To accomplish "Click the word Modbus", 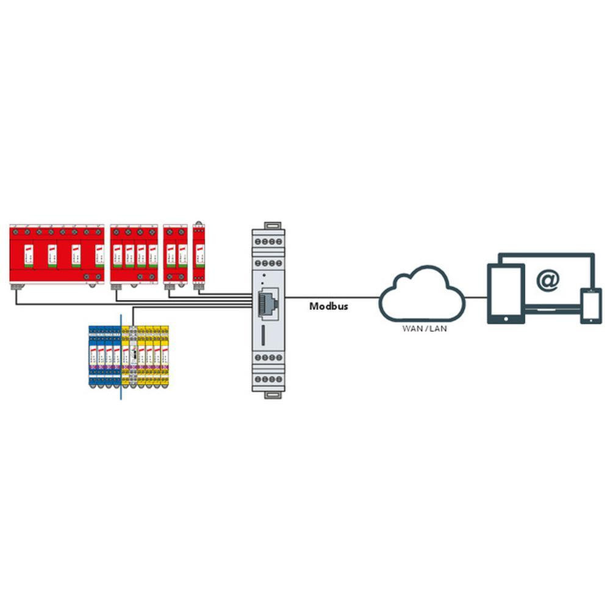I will click(x=328, y=306).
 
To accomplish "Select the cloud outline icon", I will click(x=422, y=294).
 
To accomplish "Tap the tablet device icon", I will click(x=506, y=294).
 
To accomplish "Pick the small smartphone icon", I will click(x=590, y=306).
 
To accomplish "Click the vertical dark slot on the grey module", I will click(x=262, y=334).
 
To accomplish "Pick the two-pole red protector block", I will click(x=176, y=255).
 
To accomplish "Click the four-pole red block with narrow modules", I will click(x=134, y=255).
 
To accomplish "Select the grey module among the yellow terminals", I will click(x=132, y=356).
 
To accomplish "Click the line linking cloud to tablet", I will click(x=476, y=298).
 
